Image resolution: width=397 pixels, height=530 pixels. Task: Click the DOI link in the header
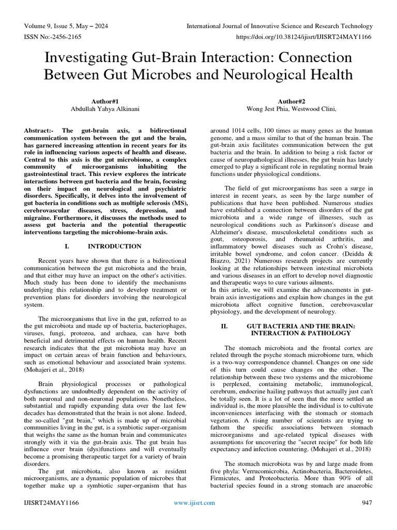[304, 38]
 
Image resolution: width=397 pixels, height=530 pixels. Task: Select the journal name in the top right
[279, 26]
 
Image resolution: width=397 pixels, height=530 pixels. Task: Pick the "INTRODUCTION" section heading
[114, 246]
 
